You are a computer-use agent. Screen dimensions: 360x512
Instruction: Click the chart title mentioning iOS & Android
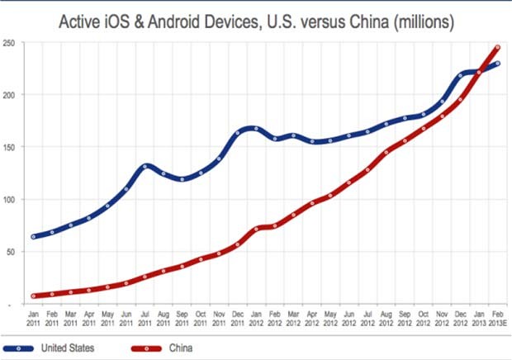(x=255, y=21)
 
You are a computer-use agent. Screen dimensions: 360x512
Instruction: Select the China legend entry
(x=178, y=348)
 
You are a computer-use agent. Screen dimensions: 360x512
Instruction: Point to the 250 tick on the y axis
(x=8, y=42)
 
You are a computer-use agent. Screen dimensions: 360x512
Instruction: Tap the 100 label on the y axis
(x=8, y=200)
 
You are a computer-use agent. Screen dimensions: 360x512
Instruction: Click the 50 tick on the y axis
(x=10, y=252)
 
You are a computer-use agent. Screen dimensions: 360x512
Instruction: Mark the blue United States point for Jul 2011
(x=145, y=166)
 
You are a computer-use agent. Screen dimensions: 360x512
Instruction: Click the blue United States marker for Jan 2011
(x=34, y=237)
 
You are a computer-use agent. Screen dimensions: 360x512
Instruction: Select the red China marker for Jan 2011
(x=34, y=296)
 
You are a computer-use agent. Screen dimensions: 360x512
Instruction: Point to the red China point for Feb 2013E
(x=497, y=47)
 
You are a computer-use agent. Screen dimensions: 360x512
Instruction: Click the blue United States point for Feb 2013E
(x=497, y=64)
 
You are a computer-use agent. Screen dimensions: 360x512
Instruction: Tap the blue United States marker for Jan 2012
(x=256, y=129)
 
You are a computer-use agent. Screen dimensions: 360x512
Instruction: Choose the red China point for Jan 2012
(x=256, y=229)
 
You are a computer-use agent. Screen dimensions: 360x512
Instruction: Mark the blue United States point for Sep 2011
(x=182, y=178)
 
